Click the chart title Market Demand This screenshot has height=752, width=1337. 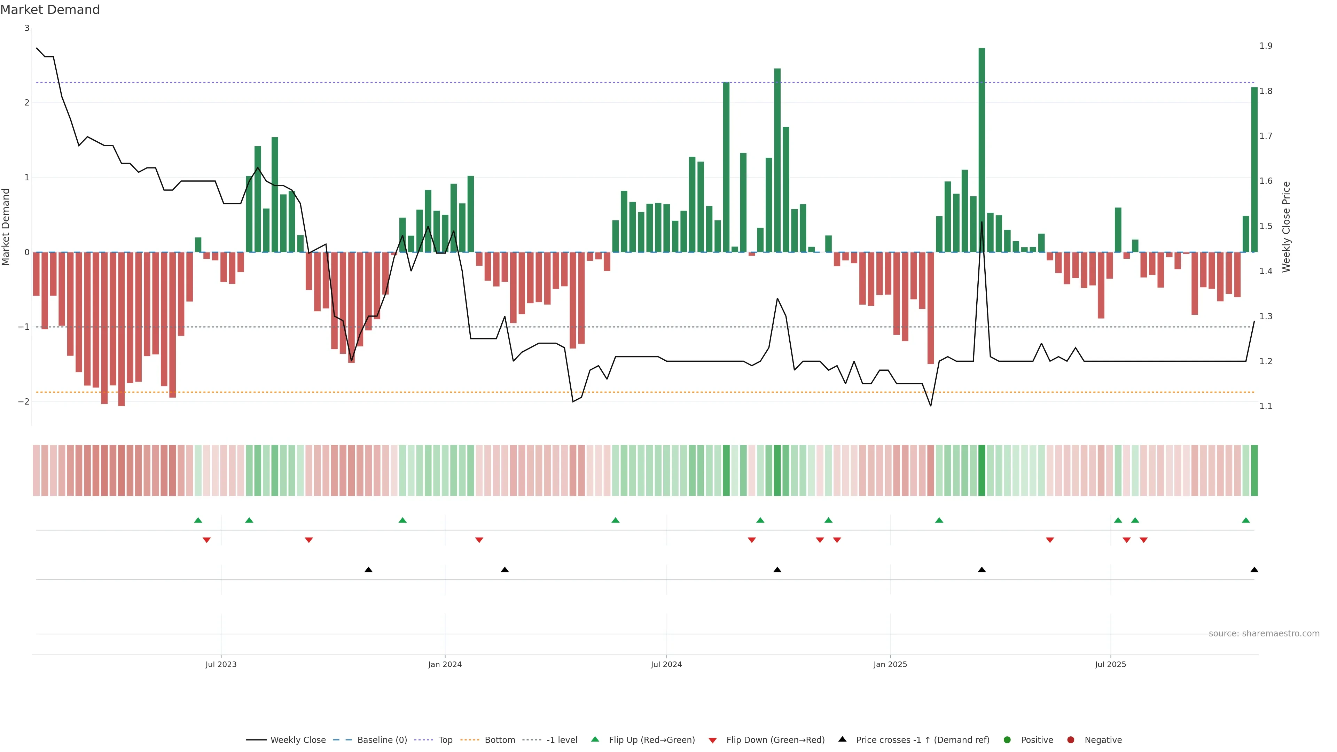(50, 10)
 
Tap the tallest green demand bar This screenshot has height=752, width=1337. (982, 150)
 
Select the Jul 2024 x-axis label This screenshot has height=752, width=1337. (666, 664)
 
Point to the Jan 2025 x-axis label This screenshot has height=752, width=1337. (890, 664)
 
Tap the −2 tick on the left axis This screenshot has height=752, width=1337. (23, 402)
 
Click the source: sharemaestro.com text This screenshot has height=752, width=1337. (1264, 634)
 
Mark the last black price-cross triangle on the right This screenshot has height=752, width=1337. (1254, 570)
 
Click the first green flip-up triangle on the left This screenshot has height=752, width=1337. (198, 520)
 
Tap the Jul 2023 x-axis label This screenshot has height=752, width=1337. (221, 664)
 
